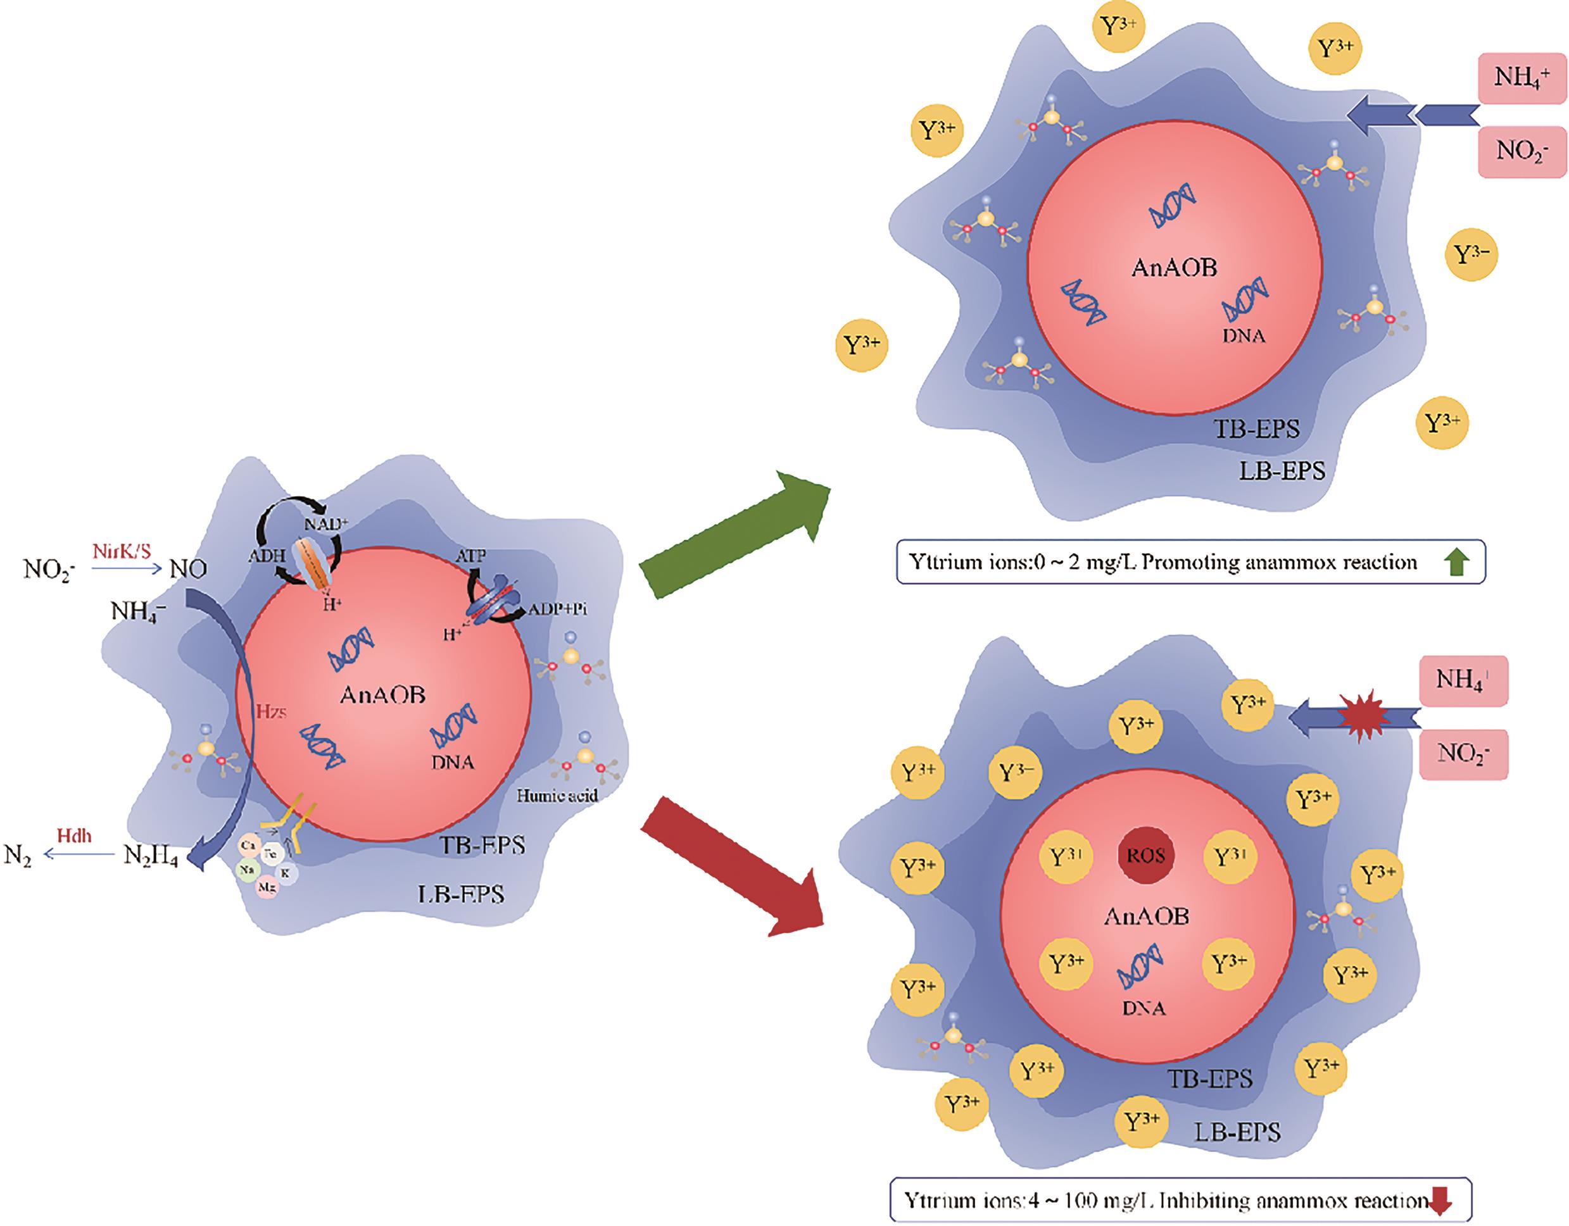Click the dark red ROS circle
tap(1146, 857)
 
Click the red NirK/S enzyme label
tap(121, 551)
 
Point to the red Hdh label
tap(75, 837)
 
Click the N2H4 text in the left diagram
tap(150, 856)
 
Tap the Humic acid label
tap(557, 795)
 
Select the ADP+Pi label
tap(558, 610)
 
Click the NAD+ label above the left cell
tap(325, 523)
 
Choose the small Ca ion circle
tap(249, 846)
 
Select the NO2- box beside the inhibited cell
tap(1463, 754)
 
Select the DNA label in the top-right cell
tap(1244, 335)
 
